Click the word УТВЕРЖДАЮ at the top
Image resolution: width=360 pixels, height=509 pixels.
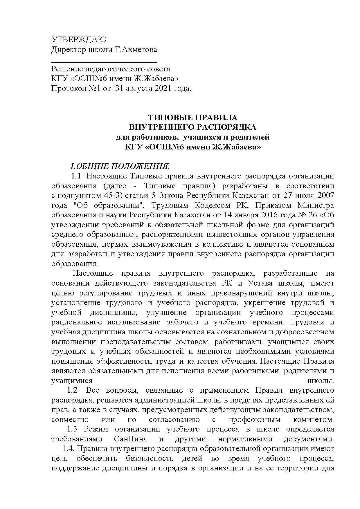coord(79,40)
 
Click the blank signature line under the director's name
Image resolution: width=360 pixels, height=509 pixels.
coord(104,62)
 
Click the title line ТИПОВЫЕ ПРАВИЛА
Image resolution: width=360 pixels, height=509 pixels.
coord(193,118)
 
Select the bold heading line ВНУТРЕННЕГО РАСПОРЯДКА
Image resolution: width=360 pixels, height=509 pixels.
coord(193,127)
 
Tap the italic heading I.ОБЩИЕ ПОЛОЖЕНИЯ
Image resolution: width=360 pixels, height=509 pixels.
coord(120,167)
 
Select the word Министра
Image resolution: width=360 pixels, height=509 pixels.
coord(315,205)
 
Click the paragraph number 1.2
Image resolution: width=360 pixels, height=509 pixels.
coord(72,390)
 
